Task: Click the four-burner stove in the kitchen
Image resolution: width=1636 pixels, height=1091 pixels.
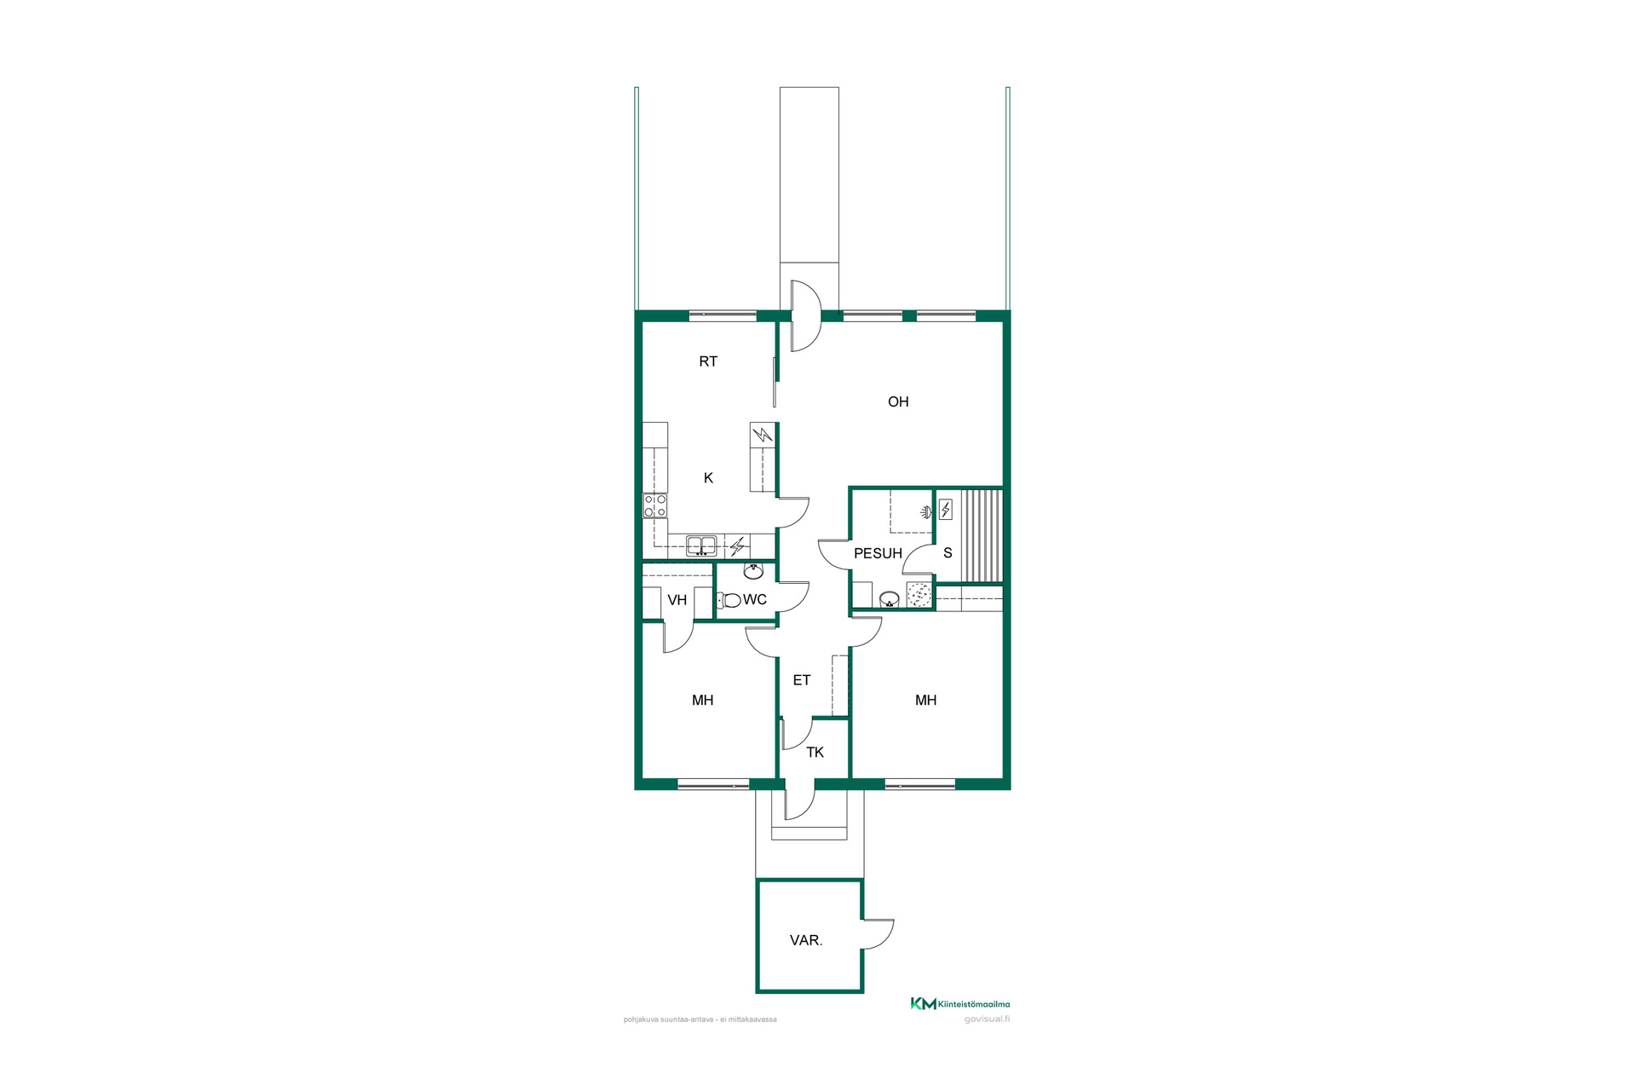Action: click(x=654, y=505)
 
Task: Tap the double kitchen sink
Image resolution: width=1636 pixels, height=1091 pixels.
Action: click(x=702, y=545)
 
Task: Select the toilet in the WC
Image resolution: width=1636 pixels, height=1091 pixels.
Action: click(x=729, y=600)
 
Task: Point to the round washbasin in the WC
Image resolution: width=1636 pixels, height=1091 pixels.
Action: click(x=753, y=570)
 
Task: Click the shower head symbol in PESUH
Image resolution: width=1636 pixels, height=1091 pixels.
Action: click(x=926, y=512)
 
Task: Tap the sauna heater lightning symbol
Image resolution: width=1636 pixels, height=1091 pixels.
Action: click(x=946, y=510)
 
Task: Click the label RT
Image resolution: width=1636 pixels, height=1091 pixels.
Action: click(x=708, y=361)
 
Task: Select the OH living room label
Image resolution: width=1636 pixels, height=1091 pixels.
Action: click(x=898, y=401)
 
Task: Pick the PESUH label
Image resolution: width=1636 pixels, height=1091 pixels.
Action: click(x=878, y=553)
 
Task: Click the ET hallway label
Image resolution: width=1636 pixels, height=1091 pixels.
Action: click(x=802, y=680)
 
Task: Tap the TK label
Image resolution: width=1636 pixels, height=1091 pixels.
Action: click(x=815, y=753)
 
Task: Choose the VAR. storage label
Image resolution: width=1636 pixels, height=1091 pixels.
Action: click(x=806, y=940)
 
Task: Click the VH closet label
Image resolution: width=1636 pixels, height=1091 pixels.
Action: click(x=677, y=600)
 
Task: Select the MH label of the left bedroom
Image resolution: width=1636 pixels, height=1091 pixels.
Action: click(x=703, y=701)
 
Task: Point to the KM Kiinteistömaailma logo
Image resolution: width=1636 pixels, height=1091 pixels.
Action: click(x=960, y=1004)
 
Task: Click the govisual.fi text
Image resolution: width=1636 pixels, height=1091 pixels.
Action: click(x=987, y=1019)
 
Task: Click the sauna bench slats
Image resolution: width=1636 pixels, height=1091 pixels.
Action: click(x=982, y=536)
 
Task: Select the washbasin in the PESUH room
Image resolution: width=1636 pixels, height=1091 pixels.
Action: click(x=889, y=599)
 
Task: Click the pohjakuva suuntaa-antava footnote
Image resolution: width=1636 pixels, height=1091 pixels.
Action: click(x=700, y=1019)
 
